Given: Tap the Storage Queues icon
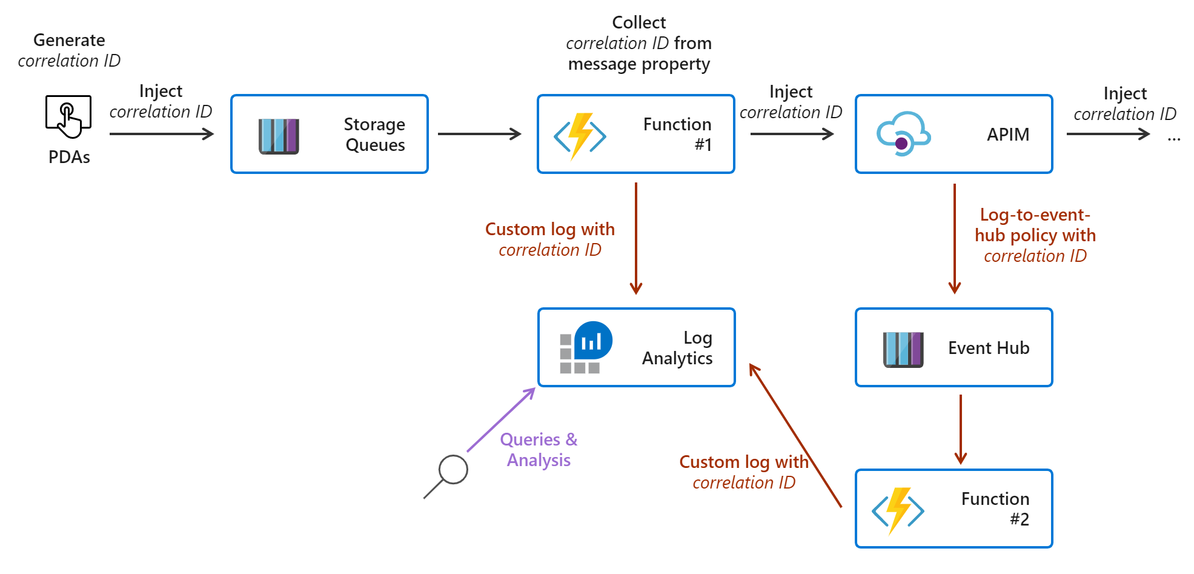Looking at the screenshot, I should (279, 136).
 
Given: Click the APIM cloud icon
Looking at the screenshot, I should (903, 134).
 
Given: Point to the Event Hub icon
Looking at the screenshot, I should (903, 349).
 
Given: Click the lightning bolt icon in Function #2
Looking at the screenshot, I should (898, 511).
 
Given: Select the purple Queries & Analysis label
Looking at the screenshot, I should (539, 450).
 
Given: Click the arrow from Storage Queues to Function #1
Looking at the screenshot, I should (479, 134).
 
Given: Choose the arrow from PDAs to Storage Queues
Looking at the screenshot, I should (161, 134).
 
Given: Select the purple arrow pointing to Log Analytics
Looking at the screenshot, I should (501, 420).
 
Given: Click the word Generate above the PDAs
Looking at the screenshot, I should (69, 40).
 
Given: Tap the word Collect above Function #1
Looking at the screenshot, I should (638, 22).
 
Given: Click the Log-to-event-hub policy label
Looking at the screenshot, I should (1035, 235).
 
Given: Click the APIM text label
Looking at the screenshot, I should (1007, 135).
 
